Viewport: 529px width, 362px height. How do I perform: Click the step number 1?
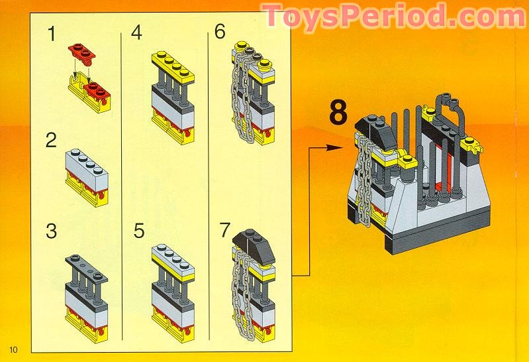52,34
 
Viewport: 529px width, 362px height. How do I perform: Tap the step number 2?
52,141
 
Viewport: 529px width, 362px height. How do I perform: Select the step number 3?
52,232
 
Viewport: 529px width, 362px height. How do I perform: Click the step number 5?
138,231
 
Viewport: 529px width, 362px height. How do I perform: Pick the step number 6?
220,32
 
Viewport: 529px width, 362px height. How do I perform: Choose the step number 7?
225,231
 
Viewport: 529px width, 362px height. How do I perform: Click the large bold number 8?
338,113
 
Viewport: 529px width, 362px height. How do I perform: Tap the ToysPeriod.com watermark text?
392,16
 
